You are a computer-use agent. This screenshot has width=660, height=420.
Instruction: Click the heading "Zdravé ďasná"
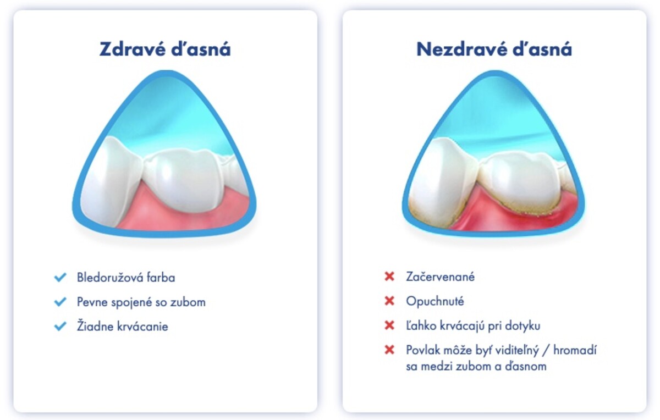(x=165, y=49)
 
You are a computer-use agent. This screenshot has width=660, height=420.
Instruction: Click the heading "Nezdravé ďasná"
(x=494, y=49)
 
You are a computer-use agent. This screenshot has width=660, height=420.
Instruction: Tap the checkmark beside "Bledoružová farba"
(x=61, y=277)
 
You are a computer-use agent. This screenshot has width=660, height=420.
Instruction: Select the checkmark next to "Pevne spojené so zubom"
(x=61, y=302)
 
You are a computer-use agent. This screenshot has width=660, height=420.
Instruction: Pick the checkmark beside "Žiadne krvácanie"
(x=61, y=326)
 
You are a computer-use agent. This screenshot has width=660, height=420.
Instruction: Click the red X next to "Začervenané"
(x=389, y=277)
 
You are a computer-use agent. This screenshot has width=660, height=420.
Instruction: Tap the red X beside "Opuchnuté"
(x=389, y=301)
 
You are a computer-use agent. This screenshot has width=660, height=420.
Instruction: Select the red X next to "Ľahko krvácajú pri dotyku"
(x=389, y=325)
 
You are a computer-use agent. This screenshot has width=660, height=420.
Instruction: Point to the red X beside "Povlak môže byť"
(x=389, y=350)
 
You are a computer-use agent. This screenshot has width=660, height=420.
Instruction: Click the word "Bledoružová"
(x=109, y=278)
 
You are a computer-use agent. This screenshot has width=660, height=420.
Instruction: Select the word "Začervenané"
(x=440, y=277)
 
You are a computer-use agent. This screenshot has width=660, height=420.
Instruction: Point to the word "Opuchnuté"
(x=435, y=301)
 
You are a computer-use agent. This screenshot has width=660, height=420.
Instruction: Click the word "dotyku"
(x=522, y=326)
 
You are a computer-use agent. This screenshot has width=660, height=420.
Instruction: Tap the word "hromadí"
(x=575, y=350)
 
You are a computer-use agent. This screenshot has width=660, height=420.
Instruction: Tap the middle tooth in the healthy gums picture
(x=183, y=180)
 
